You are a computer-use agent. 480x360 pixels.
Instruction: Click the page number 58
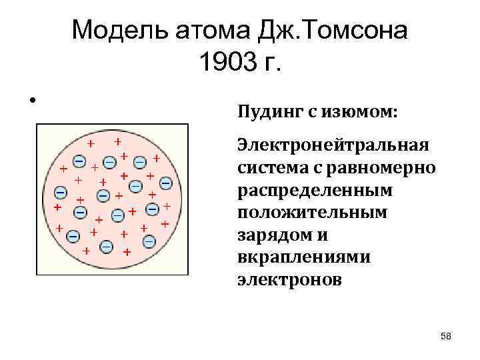446,337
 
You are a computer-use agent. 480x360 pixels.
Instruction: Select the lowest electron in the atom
107,247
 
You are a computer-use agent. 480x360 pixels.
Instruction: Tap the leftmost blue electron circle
60,193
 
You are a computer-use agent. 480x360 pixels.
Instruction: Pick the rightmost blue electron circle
165,182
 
